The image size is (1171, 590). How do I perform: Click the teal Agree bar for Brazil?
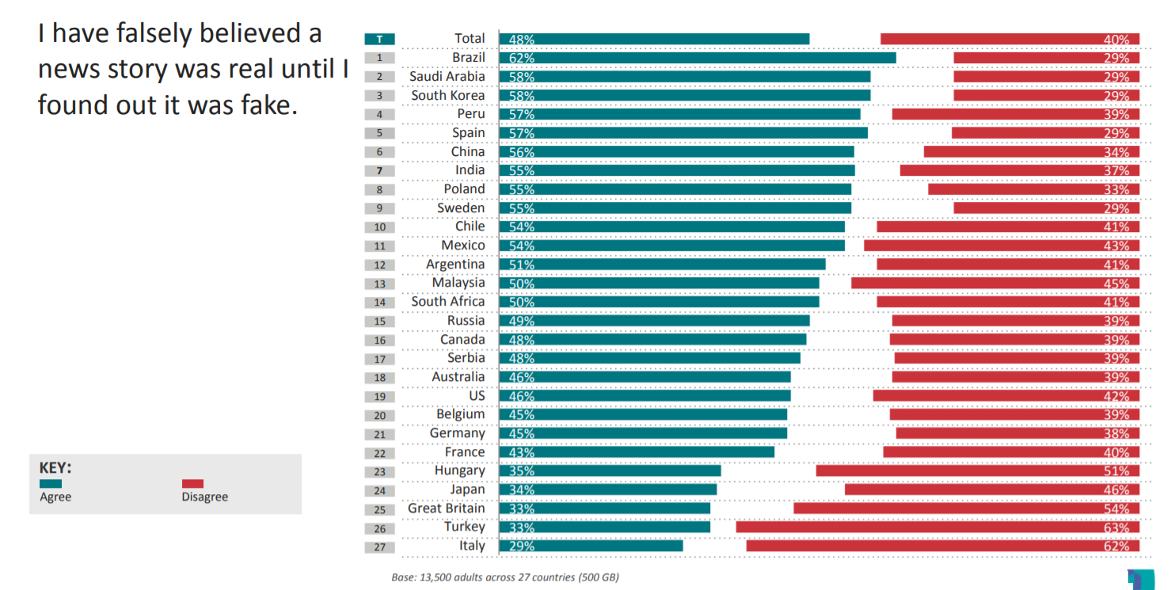click(x=697, y=58)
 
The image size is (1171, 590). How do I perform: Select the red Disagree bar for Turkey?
click(x=937, y=527)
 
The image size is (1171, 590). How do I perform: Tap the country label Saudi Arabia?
click(x=447, y=77)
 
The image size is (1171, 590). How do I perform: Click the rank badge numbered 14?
click(x=380, y=302)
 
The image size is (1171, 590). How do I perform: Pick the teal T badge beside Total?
click(x=380, y=39)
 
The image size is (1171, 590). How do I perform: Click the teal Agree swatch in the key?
click(x=51, y=483)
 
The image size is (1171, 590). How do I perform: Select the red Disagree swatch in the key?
click(x=192, y=483)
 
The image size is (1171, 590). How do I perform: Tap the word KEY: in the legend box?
click(x=55, y=467)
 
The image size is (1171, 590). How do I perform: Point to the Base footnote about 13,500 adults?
click(x=505, y=577)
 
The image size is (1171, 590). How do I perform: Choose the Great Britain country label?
click(x=447, y=508)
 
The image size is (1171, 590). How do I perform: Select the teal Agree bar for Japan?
click(x=607, y=489)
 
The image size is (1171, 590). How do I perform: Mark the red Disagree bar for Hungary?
click(x=978, y=471)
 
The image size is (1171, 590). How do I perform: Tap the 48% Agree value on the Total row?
click(x=522, y=39)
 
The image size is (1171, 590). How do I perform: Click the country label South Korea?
click(x=448, y=95)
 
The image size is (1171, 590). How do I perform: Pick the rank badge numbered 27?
click(x=380, y=546)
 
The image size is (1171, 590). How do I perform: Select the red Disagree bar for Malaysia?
click(x=995, y=284)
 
